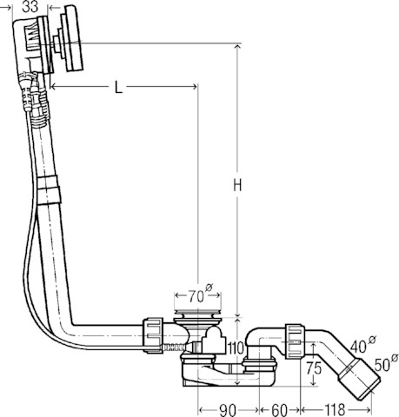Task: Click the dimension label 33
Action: click(x=30, y=6)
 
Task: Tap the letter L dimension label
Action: click(x=118, y=87)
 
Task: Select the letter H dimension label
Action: click(x=237, y=185)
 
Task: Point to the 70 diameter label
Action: click(x=201, y=295)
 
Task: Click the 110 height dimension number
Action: click(x=236, y=348)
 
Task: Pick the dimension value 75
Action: click(x=314, y=368)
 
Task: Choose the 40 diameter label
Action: click(x=362, y=345)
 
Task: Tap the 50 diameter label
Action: click(x=386, y=363)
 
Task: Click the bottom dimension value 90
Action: click(x=228, y=410)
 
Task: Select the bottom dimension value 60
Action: click(x=280, y=410)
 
